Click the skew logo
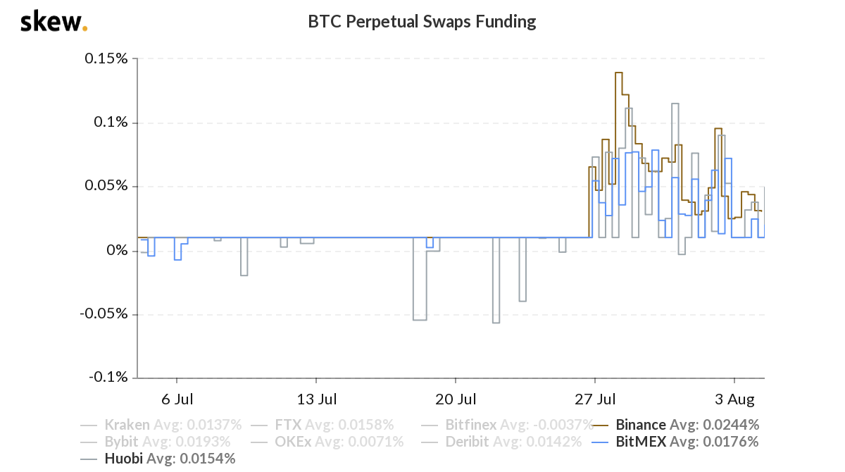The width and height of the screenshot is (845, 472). click(54, 22)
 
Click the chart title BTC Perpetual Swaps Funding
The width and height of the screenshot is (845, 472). click(422, 22)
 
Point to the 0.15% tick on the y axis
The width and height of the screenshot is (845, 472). click(106, 58)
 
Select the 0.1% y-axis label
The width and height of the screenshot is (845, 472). click(111, 123)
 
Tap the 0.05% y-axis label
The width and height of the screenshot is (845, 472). click(106, 187)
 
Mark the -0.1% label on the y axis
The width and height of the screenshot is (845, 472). click(108, 378)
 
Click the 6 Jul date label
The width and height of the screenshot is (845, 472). click(177, 400)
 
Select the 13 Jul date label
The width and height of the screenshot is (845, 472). click(316, 400)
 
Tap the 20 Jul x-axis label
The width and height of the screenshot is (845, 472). click(456, 400)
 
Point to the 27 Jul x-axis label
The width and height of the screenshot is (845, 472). click(595, 400)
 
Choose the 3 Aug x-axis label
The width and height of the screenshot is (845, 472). click(734, 400)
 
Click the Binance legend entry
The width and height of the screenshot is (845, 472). click(687, 425)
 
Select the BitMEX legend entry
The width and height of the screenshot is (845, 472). click(687, 442)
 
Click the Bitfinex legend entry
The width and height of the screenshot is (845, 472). click(518, 425)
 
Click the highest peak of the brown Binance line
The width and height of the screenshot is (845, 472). click(618, 73)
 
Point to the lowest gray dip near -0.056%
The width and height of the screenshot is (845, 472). click(496, 323)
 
